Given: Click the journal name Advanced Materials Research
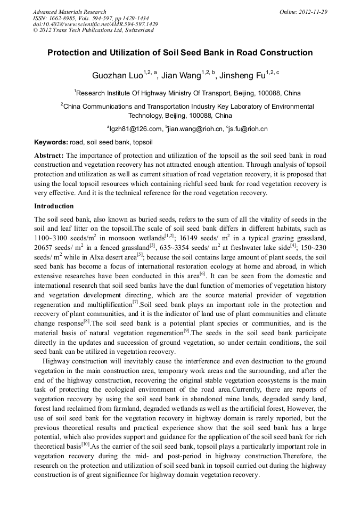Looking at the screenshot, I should [x=69, y=12].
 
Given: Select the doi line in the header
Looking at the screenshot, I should [x=95, y=25].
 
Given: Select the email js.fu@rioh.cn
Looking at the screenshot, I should [x=248, y=129].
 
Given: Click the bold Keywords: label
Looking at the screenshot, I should [x=51, y=143].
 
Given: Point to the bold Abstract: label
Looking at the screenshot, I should [x=49, y=155].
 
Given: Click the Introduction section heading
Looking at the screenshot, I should [x=54, y=206].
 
